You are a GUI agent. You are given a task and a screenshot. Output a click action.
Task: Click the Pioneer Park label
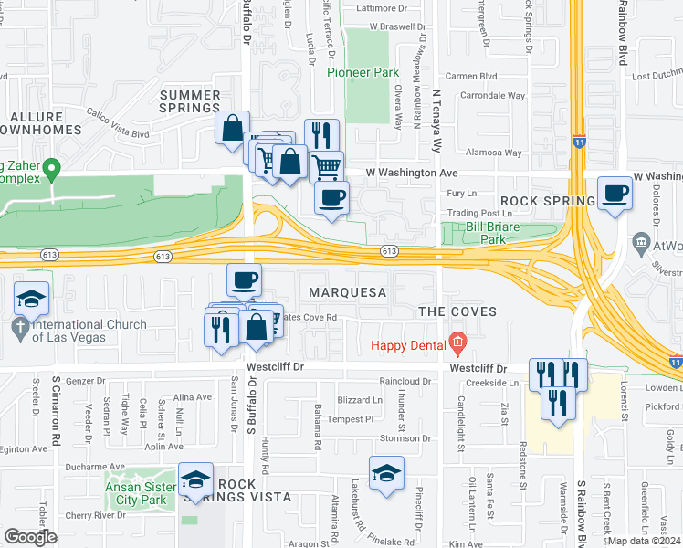coord(362,71)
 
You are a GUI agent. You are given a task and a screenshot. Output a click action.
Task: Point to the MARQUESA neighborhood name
coord(348,292)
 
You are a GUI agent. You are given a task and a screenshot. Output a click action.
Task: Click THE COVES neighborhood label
coord(457,311)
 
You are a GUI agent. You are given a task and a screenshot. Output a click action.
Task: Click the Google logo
coord(30,537)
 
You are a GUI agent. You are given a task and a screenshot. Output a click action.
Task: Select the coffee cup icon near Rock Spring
coord(616,194)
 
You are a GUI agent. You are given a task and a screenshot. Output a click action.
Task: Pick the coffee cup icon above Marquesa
coord(244,279)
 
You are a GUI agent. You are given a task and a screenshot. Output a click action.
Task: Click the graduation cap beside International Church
coord(31,299)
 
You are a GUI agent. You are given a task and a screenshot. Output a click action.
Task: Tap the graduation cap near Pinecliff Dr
coord(386,472)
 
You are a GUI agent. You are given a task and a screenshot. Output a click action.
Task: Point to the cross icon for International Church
coord(20,326)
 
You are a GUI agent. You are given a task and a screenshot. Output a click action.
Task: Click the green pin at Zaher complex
coord(53,168)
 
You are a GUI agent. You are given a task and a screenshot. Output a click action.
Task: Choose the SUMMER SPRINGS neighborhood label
coord(190,101)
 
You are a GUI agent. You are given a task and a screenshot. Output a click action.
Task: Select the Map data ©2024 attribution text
coord(644,541)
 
